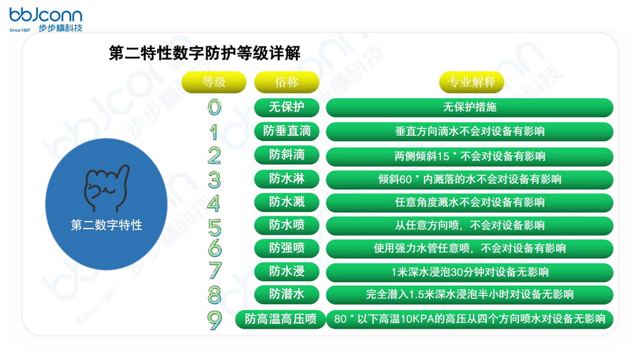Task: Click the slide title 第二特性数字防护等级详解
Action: [205, 53]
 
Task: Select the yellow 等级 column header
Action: [214, 82]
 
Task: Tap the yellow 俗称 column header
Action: [287, 82]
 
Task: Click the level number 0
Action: [214, 107]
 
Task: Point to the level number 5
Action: [214, 226]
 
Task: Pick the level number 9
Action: [214, 319]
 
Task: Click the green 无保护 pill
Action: [287, 107]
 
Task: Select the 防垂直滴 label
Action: [287, 132]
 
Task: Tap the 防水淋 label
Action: [287, 179]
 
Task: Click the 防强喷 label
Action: [287, 248]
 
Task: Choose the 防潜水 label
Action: [287, 294]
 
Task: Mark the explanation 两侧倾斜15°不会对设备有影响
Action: [469, 156]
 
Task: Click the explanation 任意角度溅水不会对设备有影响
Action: [469, 202]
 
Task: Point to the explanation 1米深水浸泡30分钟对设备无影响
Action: [469, 272]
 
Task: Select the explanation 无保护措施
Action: [469, 107]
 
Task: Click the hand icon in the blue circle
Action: [106, 186]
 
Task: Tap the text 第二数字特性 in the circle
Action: [107, 225]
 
